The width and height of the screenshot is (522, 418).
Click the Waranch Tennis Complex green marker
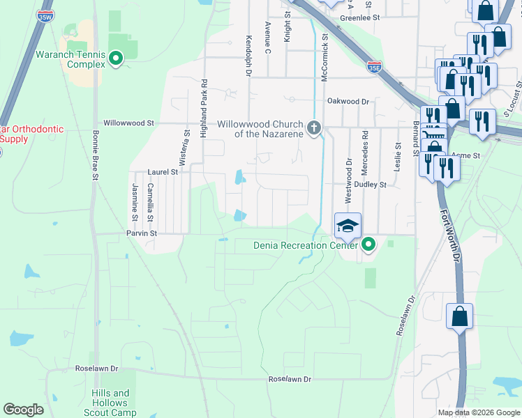point(117,59)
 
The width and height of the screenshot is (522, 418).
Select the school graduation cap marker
point(348,226)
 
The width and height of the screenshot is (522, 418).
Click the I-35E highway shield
point(375,67)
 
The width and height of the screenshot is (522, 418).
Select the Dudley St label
point(370,185)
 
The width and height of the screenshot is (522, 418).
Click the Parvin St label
point(142,233)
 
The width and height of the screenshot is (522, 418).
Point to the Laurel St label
point(163,171)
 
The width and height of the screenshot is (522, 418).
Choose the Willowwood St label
point(128,123)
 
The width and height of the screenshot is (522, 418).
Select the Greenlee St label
point(359,18)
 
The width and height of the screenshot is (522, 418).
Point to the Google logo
point(24,410)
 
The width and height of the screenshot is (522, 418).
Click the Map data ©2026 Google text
point(478,412)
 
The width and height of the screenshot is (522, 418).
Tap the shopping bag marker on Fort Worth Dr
point(460,317)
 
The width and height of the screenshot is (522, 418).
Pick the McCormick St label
point(324,59)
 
